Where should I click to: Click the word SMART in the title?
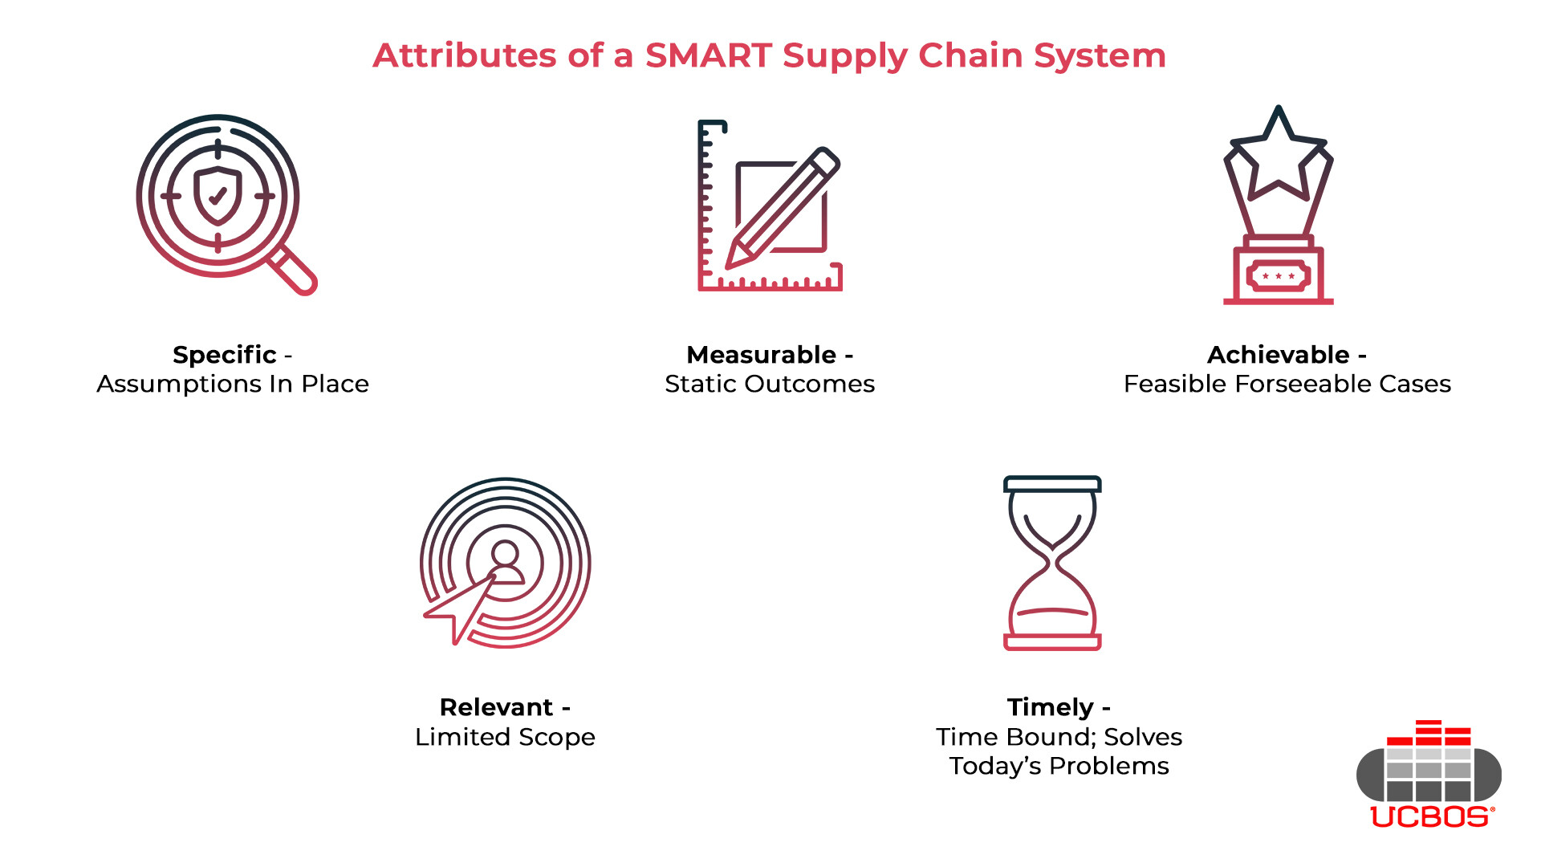pos(709,55)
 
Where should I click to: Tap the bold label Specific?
pos(225,355)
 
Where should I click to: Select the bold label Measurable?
pos(761,355)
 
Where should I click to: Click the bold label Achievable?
pos(1278,355)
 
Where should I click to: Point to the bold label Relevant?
pos(496,707)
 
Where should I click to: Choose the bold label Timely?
pos(1050,707)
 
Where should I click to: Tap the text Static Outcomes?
pos(770,385)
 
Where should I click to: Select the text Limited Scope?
pos(505,737)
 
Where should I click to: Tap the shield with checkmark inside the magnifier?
pos(218,195)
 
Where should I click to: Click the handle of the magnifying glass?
pos(295,271)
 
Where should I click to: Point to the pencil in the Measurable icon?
pos(783,207)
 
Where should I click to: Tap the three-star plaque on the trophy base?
pos(1278,276)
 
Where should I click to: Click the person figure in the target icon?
pos(505,562)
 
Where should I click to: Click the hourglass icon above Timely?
pos(1052,562)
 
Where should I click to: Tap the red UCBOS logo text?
pos(1431,816)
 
